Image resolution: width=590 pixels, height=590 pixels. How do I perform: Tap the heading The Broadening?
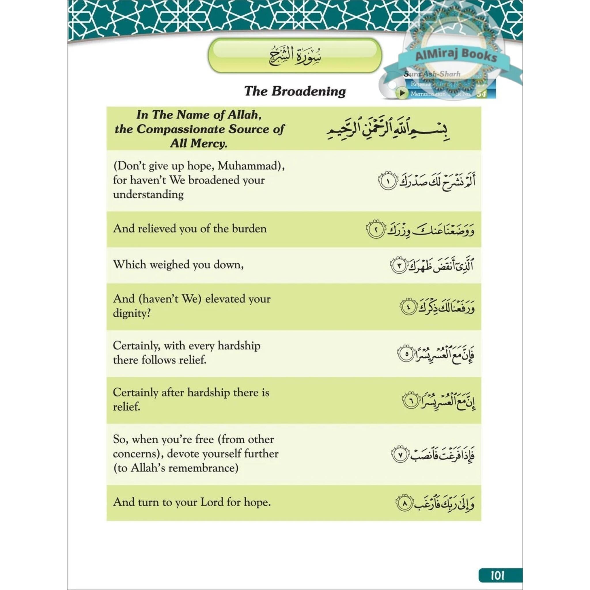click(295, 91)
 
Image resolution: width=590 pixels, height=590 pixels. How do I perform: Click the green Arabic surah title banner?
click(295, 56)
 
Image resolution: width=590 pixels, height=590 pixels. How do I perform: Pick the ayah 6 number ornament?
click(411, 401)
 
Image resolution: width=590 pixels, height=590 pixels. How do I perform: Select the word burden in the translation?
click(249, 228)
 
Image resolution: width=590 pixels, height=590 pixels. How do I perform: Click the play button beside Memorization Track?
click(402, 93)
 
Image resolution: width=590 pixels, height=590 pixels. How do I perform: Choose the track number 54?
click(481, 94)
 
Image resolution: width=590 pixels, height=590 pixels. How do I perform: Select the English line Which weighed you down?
click(178, 264)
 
